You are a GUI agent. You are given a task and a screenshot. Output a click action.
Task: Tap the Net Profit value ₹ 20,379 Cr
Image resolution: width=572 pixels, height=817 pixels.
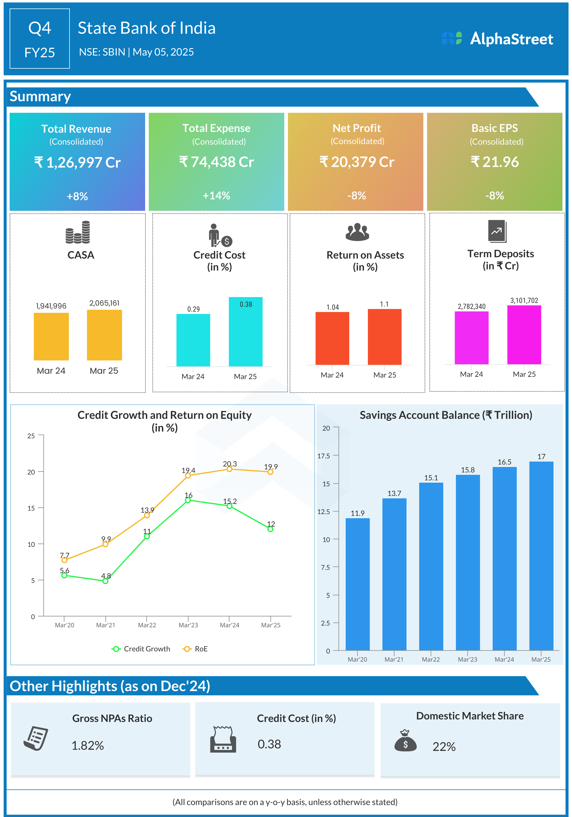(357, 162)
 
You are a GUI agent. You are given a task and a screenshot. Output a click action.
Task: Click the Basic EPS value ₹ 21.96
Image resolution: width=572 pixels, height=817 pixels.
(495, 162)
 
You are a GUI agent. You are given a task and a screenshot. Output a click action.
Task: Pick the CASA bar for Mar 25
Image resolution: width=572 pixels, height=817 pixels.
(104, 335)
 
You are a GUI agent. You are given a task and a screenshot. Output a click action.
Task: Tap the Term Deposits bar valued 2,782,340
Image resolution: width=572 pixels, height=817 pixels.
(471, 338)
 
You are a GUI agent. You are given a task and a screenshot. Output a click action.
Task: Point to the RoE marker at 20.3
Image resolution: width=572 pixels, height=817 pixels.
(230, 469)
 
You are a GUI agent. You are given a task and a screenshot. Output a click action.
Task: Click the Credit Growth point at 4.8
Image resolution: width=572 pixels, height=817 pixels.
(105, 581)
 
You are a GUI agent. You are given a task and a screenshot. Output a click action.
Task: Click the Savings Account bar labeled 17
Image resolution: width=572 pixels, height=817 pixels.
(541, 556)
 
